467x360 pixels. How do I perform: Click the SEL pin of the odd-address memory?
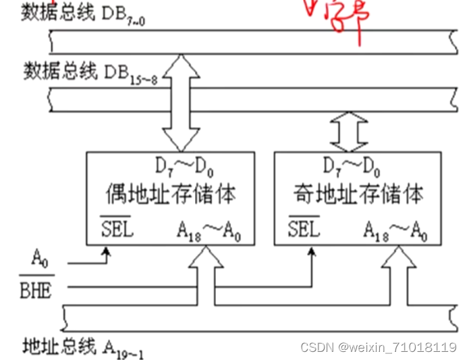(304, 228)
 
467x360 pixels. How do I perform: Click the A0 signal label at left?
(40, 257)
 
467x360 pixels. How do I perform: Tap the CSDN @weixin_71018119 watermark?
(378, 347)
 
